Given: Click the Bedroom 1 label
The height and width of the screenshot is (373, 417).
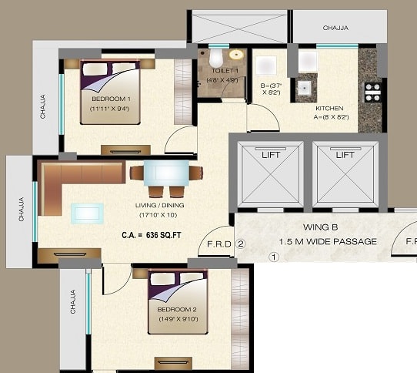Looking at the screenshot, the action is (x=111, y=99).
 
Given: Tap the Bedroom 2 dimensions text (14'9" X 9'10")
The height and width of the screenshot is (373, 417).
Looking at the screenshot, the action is (x=178, y=319).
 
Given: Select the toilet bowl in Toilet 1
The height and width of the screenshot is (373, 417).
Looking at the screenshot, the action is (x=215, y=58).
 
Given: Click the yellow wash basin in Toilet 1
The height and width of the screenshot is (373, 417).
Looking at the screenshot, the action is (x=236, y=55).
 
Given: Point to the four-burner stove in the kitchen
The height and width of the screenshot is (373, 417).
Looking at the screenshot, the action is (x=372, y=92).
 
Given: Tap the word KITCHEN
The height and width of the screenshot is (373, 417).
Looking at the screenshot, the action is (x=329, y=109).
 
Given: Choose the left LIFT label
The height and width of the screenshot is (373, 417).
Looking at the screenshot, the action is (x=271, y=155).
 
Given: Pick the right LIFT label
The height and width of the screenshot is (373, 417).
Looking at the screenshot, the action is (x=345, y=155).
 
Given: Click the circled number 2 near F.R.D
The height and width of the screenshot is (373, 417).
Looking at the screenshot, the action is (x=241, y=244).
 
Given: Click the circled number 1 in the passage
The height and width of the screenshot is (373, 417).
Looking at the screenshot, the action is (x=274, y=257).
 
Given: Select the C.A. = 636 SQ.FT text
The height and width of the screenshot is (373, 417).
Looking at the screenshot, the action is (x=152, y=235).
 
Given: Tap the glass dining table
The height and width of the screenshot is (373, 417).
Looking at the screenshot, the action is (x=166, y=173).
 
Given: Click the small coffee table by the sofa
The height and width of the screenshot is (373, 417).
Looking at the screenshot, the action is (x=87, y=213).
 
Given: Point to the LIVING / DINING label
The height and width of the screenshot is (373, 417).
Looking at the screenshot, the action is (x=159, y=206).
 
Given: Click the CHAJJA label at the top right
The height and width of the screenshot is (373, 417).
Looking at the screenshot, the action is (x=335, y=28).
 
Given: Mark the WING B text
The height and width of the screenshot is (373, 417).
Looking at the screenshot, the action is (x=321, y=227).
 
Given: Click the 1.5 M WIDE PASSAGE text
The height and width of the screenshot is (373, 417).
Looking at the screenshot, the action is (x=328, y=242).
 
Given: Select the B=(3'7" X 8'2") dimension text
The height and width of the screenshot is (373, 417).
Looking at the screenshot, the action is (x=271, y=89).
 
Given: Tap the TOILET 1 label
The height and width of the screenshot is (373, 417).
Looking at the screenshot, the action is (x=225, y=71).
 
